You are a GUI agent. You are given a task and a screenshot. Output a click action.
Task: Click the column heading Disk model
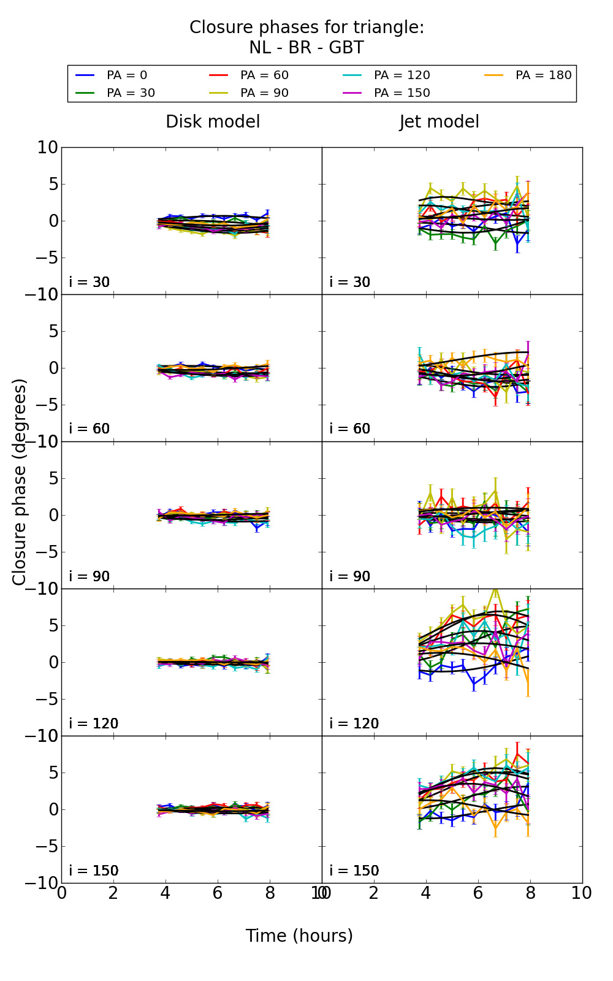pyautogui.click(x=213, y=122)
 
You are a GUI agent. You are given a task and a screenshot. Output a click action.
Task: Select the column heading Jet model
pyautogui.click(x=439, y=122)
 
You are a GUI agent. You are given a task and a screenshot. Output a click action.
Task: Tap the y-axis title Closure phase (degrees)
pyautogui.click(x=20, y=482)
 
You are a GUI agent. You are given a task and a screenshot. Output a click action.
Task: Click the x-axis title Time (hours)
pyautogui.click(x=299, y=936)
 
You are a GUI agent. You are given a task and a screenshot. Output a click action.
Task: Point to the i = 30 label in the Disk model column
pyautogui.click(x=89, y=283)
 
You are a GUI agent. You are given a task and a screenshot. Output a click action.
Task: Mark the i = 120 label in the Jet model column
pyautogui.click(x=354, y=724)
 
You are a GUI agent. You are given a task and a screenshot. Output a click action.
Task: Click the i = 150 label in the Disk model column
pyautogui.click(x=93, y=871)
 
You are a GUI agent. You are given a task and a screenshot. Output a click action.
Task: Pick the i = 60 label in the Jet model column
pyautogui.click(x=350, y=429)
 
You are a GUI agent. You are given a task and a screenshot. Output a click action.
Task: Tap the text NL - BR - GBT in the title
pyautogui.click(x=306, y=48)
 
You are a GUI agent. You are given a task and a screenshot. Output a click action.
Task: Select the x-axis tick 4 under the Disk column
pyautogui.click(x=166, y=893)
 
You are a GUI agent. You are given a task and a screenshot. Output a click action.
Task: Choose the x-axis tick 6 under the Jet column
pyautogui.click(x=478, y=893)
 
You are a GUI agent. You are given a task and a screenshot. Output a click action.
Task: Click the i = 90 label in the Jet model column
pyautogui.click(x=350, y=577)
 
